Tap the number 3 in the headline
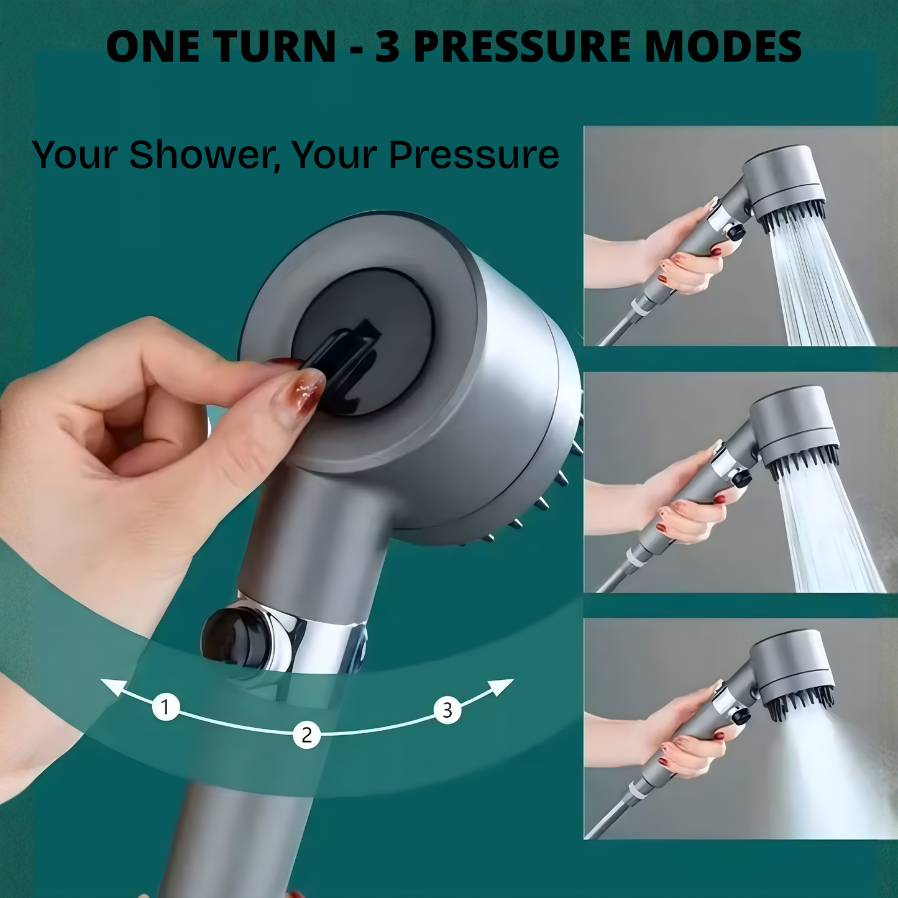387,47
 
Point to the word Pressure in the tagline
474,155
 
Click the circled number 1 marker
166,707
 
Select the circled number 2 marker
306,735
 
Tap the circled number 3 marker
447,710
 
